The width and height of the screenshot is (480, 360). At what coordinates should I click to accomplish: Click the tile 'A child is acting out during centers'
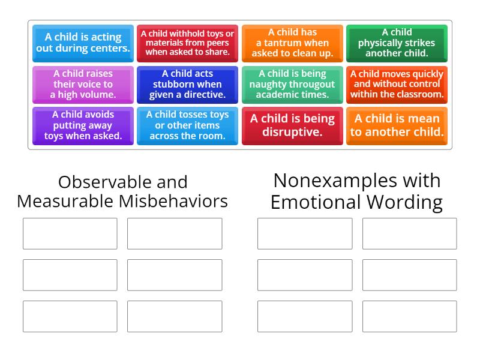[x=83, y=43]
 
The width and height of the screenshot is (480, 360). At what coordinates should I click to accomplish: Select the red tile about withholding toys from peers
[x=187, y=43]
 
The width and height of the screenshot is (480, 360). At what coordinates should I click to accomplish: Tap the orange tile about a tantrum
[x=292, y=43]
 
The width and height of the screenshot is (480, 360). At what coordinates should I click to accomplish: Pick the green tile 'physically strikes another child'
[x=397, y=43]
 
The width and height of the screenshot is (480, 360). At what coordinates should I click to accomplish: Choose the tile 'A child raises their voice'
[x=83, y=84]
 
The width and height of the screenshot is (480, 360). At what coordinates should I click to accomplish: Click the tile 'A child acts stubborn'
[x=187, y=84]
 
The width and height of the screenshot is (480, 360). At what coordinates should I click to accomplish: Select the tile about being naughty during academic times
[x=292, y=84]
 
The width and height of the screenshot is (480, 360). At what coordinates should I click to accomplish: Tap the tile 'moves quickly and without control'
[x=397, y=84]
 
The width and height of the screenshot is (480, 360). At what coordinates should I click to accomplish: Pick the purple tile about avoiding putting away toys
[x=83, y=125]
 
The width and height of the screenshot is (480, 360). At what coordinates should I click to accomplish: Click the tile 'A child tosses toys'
[x=187, y=125]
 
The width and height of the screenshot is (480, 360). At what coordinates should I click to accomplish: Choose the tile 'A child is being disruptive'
[x=292, y=125]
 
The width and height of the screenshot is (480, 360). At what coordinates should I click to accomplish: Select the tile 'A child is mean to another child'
[x=397, y=125]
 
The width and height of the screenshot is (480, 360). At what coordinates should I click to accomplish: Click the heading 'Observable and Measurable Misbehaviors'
[x=122, y=191]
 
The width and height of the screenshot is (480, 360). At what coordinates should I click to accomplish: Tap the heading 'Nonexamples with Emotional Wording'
[x=356, y=191]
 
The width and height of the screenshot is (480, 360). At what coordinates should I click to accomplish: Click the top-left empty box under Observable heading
[x=70, y=233]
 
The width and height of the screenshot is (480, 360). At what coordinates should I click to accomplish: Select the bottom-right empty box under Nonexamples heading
[x=409, y=316]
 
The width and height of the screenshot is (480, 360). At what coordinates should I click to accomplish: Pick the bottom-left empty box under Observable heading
[x=70, y=316]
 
